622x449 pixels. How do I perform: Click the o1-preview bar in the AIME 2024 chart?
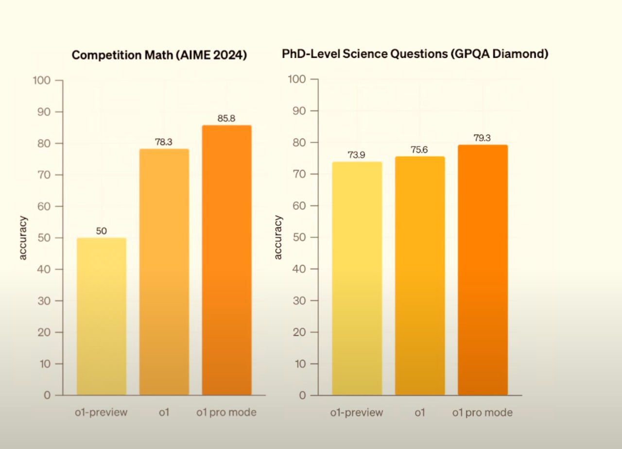(102, 316)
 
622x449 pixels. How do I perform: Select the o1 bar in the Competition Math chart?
(164, 272)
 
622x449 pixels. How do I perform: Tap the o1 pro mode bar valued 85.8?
(226, 260)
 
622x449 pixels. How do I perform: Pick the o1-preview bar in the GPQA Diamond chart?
(357, 278)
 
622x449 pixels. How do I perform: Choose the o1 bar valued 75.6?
(420, 276)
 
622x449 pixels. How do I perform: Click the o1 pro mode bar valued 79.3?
(483, 270)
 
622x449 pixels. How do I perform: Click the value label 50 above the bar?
(102, 231)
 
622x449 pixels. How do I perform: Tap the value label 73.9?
(357, 155)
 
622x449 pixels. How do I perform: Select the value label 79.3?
(482, 138)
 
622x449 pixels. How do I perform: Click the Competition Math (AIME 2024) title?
(159, 55)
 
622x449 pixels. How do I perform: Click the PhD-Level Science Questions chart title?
(415, 54)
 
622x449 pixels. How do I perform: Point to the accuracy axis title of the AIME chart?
(23, 238)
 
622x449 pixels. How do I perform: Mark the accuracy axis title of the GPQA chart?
(278, 237)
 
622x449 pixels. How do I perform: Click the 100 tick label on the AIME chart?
(41, 80)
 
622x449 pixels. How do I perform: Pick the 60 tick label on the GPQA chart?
(299, 206)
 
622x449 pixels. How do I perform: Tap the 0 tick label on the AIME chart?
(47, 396)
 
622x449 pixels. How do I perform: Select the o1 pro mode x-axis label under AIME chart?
(226, 413)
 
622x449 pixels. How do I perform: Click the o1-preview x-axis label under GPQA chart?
(357, 413)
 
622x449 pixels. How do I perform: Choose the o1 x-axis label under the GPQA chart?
(420, 413)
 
